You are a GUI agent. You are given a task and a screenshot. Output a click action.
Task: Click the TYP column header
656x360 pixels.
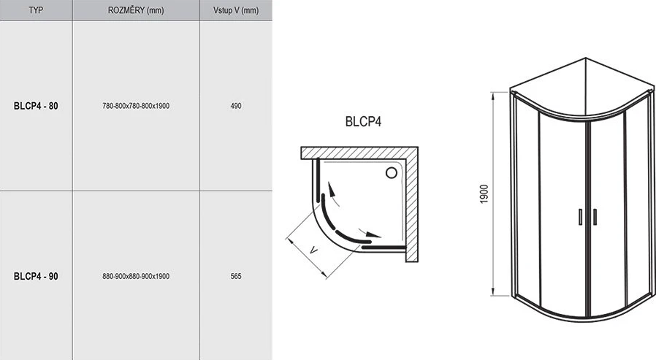point(36,10)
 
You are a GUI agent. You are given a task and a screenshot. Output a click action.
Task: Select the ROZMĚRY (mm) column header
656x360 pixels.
point(136,10)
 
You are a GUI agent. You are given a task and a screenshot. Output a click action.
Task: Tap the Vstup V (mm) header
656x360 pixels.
point(236,10)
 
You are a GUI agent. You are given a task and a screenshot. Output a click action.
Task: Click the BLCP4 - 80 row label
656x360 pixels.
point(36,106)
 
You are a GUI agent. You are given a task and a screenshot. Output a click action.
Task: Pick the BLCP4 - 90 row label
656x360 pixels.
point(36,276)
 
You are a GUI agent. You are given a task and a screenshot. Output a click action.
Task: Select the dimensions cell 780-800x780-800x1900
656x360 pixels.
point(136,106)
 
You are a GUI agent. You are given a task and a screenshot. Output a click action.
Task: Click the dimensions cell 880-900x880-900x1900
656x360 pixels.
point(136,276)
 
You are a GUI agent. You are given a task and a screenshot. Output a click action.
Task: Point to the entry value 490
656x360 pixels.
point(236,106)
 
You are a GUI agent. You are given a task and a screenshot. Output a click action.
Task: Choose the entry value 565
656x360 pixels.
point(236,276)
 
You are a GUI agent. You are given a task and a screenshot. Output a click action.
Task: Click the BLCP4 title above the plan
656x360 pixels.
point(363,121)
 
